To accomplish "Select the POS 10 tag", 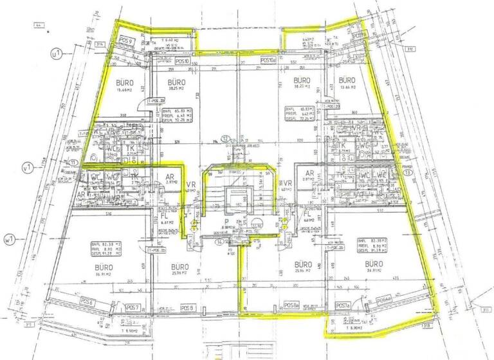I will [x=183, y=62].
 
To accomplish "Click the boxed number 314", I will [x=100, y=45].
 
